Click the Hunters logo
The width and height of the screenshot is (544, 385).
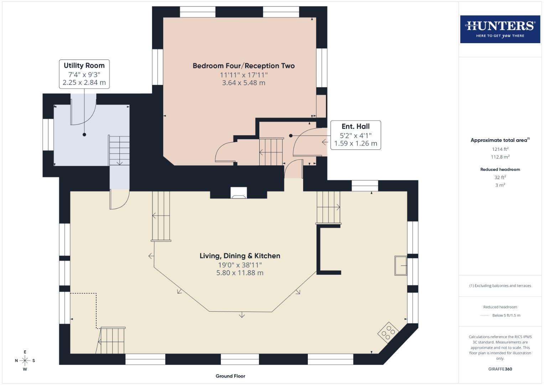tap(500, 29)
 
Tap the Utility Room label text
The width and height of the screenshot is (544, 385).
tap(84, 66)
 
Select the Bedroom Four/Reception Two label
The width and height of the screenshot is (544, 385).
tap(244, 66)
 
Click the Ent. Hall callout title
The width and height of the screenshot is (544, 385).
tap(356, 127)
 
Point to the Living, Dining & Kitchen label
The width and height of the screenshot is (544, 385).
tap(240, 256)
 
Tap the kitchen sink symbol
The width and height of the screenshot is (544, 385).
tap(401, 266)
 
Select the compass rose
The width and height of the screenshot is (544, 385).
tap(25, 361)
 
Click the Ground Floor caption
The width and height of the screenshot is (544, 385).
tap(230, 376)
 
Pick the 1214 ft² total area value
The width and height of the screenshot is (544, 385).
tap(500, 149)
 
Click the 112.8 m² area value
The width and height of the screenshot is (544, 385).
tap(500, 157)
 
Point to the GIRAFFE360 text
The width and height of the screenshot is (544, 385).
tap(500, 369)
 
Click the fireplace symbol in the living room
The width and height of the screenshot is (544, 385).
tap(238, 193)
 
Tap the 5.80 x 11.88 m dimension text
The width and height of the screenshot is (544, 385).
tap(240, 273)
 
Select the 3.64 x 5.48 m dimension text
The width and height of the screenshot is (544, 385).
tap(244, 83)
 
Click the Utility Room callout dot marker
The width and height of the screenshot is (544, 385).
tap(84, 135)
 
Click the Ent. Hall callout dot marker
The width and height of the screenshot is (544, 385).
tap(291, 136)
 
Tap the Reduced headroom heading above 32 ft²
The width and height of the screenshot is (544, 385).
tap(500, 170)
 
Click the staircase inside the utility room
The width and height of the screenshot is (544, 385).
tap(119, 150)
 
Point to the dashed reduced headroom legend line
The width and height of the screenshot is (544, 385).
tap(485, 315)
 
